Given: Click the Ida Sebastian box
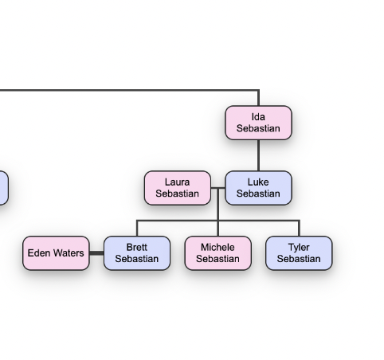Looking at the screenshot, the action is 258,123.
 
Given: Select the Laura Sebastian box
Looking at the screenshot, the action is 178,188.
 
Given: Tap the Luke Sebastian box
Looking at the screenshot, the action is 258,188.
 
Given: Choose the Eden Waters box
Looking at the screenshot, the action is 56,253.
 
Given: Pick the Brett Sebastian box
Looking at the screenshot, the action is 137,253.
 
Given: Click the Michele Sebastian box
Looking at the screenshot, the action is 218,253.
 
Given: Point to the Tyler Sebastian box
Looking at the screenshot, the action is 299,253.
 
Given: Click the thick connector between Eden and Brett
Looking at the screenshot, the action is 96,253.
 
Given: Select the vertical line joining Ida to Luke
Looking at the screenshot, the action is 258,155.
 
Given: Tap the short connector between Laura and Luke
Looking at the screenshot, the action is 218,188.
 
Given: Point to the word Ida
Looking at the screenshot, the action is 258,117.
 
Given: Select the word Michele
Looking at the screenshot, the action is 217,247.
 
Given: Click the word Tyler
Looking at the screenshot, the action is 299,248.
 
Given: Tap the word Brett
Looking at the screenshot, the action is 137,247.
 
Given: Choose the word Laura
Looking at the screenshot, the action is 177,182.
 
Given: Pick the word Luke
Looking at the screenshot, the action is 258,182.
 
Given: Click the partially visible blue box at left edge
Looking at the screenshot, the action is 4,188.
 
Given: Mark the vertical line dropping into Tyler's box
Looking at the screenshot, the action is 300,228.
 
